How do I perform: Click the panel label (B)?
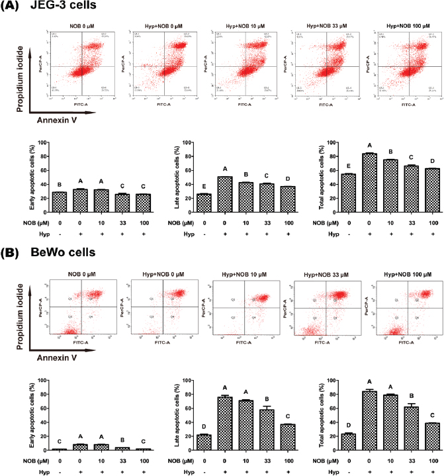[x=11, y=253]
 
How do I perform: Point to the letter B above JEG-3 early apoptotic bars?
[x=60, y=185]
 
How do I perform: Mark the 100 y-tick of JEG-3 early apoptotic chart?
[x=43, y=142]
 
